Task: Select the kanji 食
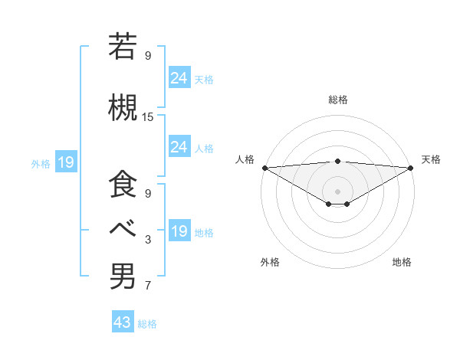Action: pos(123,185)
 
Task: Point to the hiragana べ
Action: pos(123,228)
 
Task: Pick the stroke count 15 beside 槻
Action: pos(148,117)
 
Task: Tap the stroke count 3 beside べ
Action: pos(148,240)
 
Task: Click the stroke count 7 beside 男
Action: pos(148,286)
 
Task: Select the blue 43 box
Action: pos(123,322)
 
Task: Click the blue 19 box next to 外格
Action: pos(65,162)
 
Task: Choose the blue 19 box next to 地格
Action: pos(179,231)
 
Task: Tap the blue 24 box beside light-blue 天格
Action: pos(179,77)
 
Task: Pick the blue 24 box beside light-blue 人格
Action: pos(179,146)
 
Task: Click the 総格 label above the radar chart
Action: pos(338,100)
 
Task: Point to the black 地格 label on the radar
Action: pos(402,262)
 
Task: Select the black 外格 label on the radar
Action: pos(270,262)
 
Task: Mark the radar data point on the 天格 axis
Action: pos(411,167)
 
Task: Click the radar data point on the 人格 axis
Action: pos(264,167)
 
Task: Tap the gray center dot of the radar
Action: pos(338,190)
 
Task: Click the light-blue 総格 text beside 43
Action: pos(147,324)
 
